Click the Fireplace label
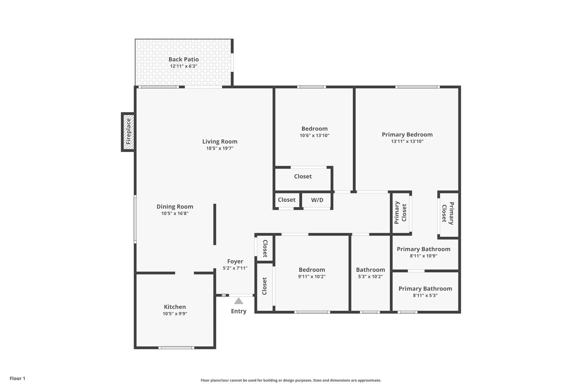(128, 132)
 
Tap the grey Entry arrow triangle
(239, 301)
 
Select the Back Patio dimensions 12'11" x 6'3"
(184, 66)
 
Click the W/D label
(317, 200)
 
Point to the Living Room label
(220, 142)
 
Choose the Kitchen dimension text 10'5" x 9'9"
(175, 314)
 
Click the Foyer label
(235, 261)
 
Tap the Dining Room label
(175, 206)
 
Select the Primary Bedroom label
(407, 135)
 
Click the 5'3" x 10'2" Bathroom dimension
(371, 276)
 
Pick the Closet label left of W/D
(287, 200)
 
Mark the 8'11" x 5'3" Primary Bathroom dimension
(425, 296)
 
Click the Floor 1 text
(17, 379)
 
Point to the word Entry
(239, 311)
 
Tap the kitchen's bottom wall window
(176, 348)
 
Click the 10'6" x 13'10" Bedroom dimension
(314, 135)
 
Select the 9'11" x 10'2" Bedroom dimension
(312, 276)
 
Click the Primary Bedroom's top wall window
(418, 87)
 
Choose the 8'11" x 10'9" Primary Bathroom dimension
(423, 256)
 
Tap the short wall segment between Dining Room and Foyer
(215, 224)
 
